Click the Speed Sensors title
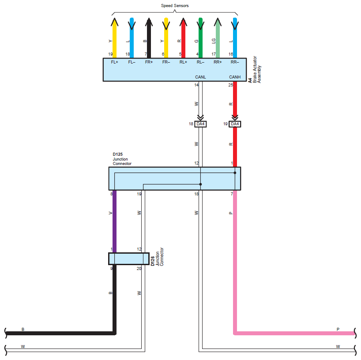[x=175, y=6]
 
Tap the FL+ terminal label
[x=114, y=62]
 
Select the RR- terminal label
[x=235, y=62]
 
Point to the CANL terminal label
[x=200, y=77]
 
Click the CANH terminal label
[x=235, y=77]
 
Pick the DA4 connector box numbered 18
[x=200, y=124]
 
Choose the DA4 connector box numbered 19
[x=235, y=124]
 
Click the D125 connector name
[x=118, y=154]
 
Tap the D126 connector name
[x=152, y=261]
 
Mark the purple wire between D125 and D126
[x=114, y=221]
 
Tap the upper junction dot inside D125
[x=235, y=173]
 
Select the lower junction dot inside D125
[x=200, y=184]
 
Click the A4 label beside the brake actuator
[x=250, y=80]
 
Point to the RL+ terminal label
[x=183, y=62]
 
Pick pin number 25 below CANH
[x=231, y=85]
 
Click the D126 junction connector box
[x=129, y=259]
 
